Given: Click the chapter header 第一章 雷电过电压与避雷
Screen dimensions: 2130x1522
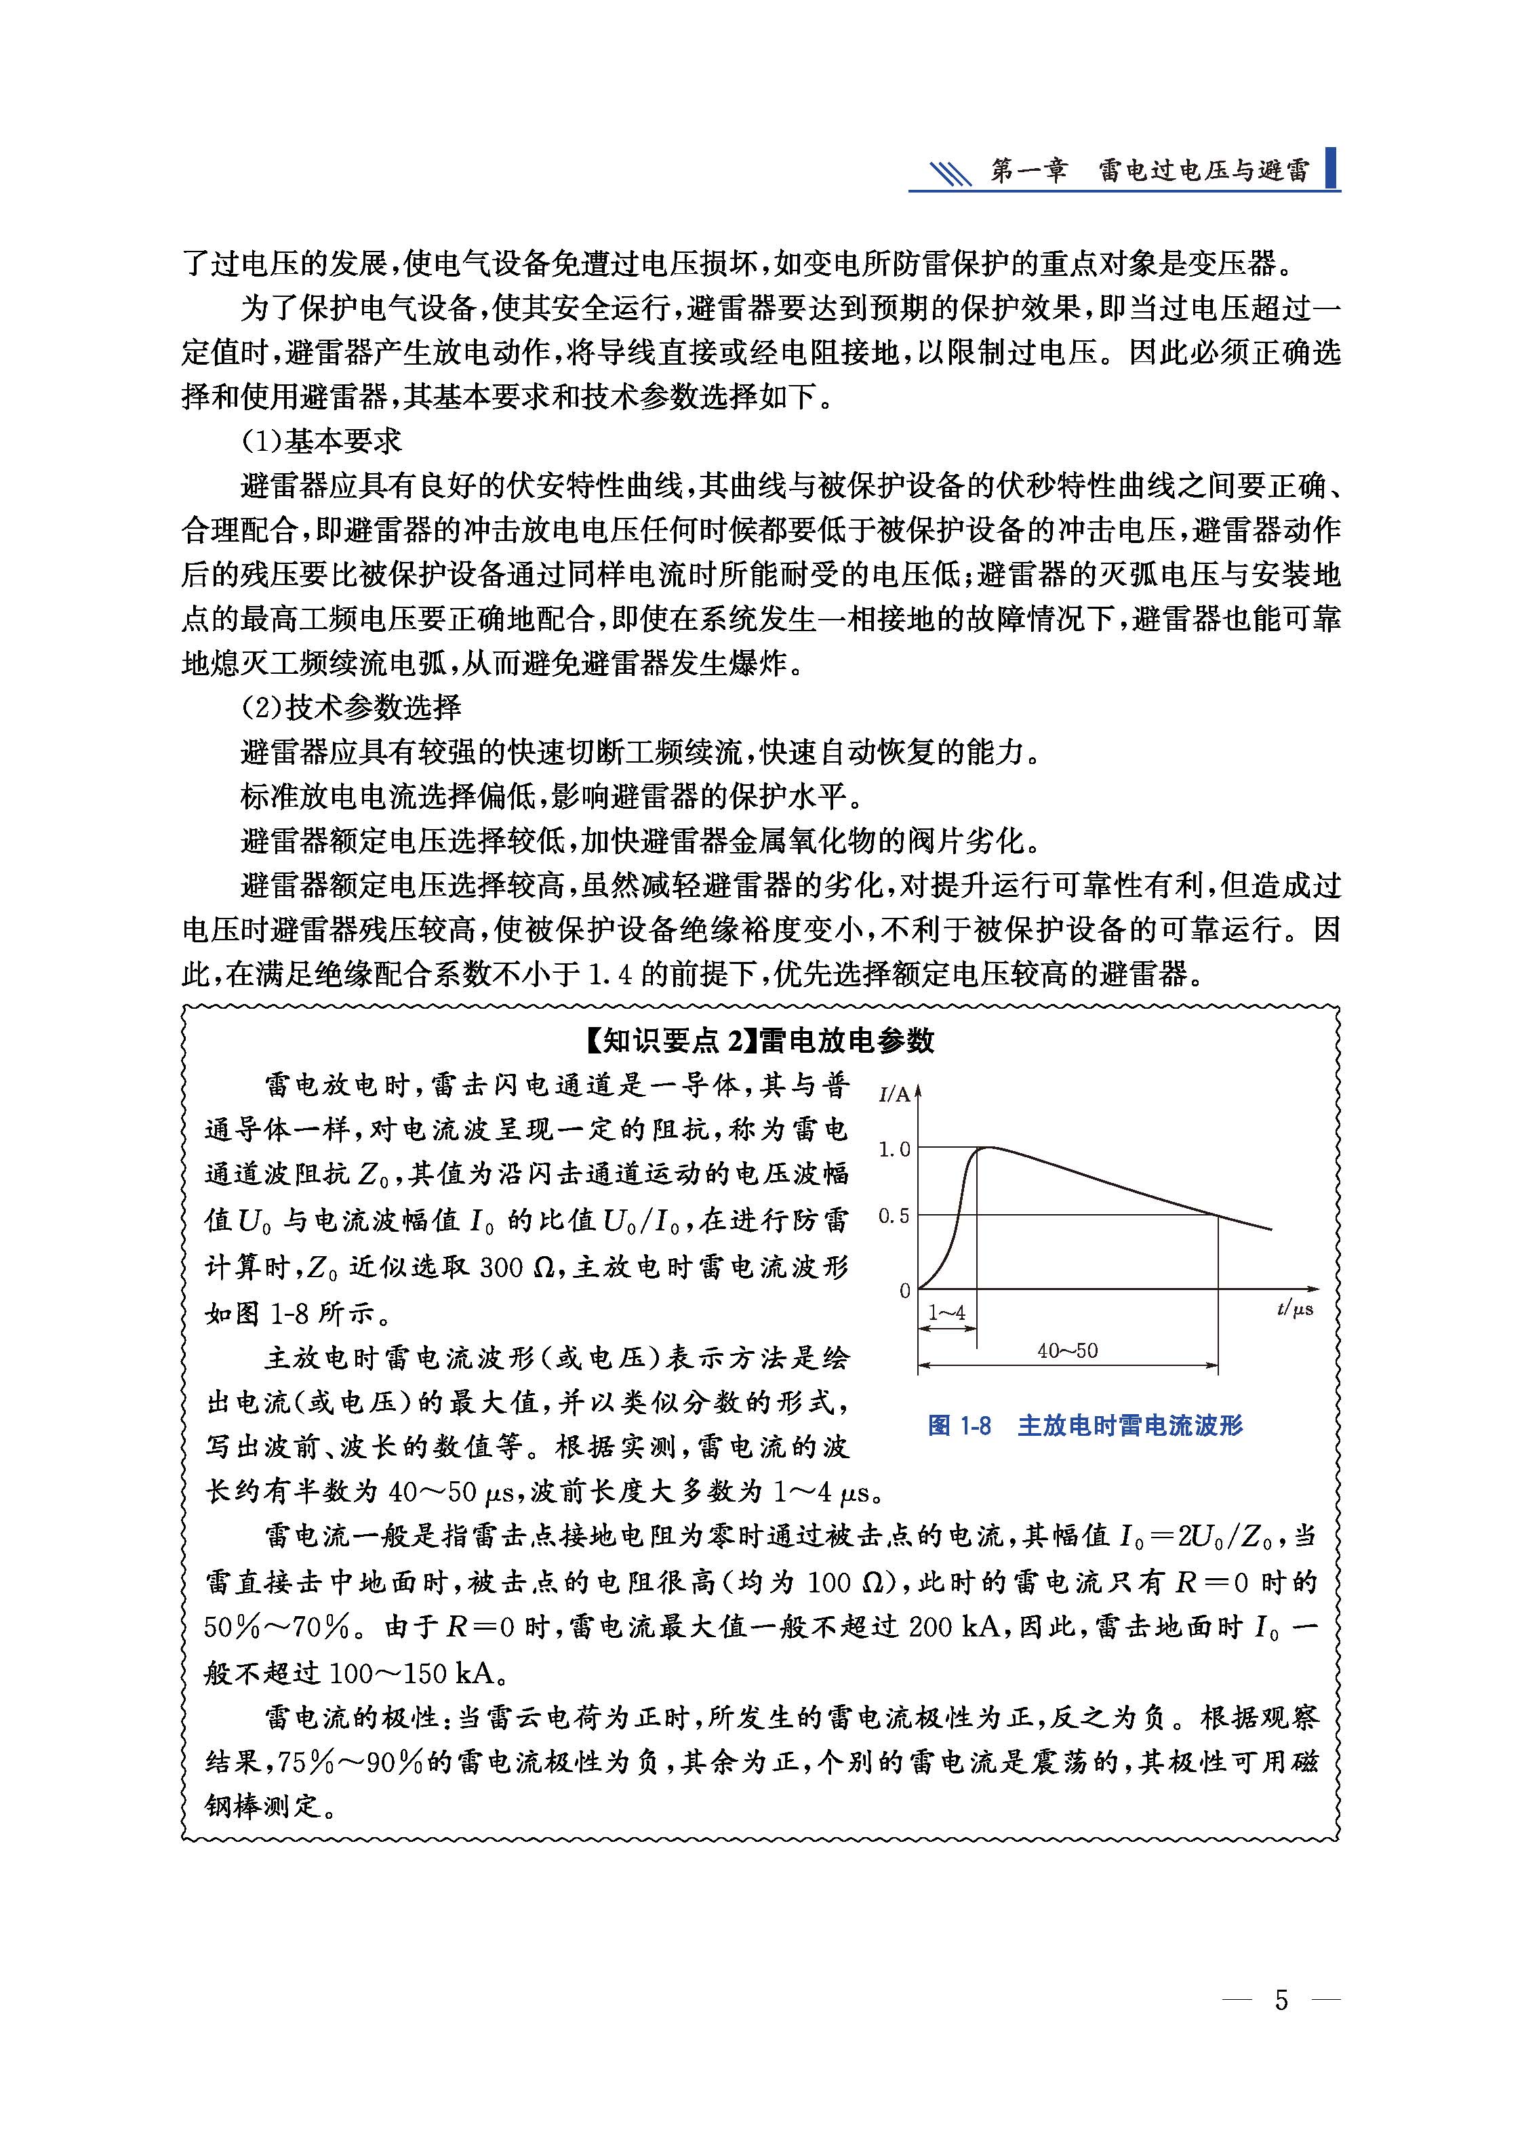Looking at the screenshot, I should [1150, 172].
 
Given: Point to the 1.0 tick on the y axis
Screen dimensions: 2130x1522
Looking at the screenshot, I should [894, 1149].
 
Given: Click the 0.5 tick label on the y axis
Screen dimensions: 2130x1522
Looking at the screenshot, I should [894, 1216].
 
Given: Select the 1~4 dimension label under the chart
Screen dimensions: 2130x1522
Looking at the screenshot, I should [946, 1313].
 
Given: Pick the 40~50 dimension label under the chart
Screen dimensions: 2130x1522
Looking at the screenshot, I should [1068, 1350].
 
